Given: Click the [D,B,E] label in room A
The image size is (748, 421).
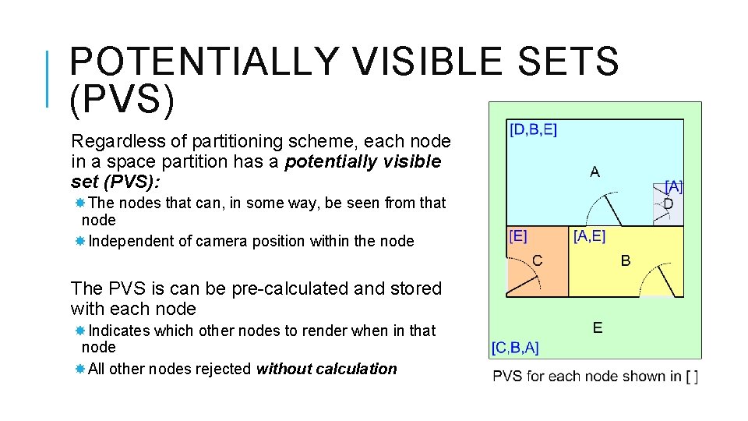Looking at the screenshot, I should pos(533,130).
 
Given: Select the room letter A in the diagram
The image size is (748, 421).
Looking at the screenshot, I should pos(595,172).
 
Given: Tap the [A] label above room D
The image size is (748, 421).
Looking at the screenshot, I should pos(673,186).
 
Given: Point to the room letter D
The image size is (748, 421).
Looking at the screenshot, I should pos(669,204).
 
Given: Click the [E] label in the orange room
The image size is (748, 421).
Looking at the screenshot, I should pos(517,235).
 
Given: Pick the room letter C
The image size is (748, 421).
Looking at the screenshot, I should pos(538,260).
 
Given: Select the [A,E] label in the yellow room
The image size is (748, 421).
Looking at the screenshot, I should pos(589,235).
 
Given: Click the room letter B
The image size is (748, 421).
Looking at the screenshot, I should pos(626,260).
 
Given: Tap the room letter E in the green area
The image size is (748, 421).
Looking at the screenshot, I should pos(597,327).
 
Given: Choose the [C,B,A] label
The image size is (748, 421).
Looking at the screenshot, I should pos(514,347).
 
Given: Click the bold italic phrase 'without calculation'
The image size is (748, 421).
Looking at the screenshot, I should pos(326,369).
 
